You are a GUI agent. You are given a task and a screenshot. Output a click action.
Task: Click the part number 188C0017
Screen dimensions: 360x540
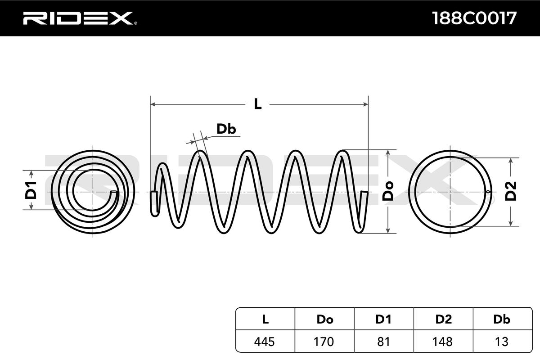[474, 18]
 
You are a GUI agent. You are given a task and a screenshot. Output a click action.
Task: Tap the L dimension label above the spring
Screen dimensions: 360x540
[257, 104]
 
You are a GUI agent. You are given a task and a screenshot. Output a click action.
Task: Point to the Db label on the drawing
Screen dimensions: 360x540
[226, 130]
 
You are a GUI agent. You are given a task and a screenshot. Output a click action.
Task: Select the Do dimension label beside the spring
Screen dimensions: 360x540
[388, 191]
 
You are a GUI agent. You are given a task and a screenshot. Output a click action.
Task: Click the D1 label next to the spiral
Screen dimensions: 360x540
[31, 190]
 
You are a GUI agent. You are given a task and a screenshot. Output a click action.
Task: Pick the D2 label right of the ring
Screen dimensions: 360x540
[511, 191]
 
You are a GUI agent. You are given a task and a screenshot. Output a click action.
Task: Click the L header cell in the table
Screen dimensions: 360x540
[265, 319]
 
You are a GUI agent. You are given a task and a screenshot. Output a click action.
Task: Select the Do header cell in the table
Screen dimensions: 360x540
[324, 319]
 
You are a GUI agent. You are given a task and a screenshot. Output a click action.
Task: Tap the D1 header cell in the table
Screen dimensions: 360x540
[383, 319]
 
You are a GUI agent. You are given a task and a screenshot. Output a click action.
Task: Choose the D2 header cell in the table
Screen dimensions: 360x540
[443, 319]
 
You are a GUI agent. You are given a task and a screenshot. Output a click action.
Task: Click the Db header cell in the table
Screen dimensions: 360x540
[501, 319]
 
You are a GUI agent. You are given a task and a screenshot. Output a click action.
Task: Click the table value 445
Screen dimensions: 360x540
[265, 342]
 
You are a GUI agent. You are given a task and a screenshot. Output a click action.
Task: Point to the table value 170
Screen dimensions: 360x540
[324, 342]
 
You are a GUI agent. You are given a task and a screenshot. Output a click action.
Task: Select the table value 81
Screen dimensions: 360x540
[383, 342]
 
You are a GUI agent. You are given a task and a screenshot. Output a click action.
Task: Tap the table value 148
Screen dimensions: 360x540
[443, 342]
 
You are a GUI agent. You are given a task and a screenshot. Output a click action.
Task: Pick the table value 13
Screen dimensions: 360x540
[501, 342]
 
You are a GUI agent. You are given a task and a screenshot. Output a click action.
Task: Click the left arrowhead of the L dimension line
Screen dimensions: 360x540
[153, 104]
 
